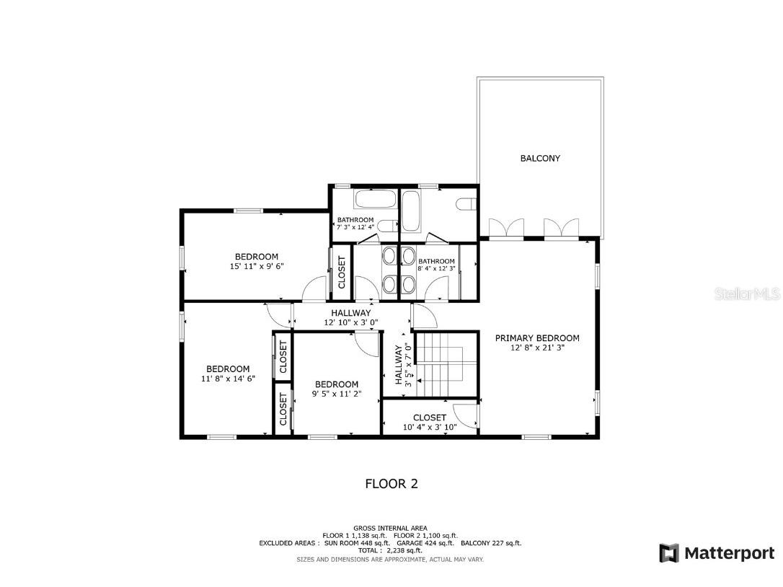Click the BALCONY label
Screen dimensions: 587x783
(540, 158)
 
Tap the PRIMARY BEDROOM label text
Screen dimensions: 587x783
(537, 337)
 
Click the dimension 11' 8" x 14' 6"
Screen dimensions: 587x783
(228, 379)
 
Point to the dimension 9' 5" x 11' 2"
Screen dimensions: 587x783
(337, 394)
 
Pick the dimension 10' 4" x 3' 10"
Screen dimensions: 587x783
(430, 427)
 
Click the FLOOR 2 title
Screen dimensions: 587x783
(391, 484)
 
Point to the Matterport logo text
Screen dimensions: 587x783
(728, 553)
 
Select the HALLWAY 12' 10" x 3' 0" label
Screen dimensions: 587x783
(351, 317)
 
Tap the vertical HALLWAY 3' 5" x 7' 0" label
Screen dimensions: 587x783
(403, 366)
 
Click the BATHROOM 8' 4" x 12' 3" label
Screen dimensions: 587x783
(437, 265)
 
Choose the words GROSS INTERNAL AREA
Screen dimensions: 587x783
(390, 528)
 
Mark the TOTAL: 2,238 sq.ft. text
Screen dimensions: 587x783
(390, 551)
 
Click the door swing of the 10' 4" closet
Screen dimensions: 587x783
(467, 417)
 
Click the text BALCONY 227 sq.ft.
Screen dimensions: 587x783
(492, 543)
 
